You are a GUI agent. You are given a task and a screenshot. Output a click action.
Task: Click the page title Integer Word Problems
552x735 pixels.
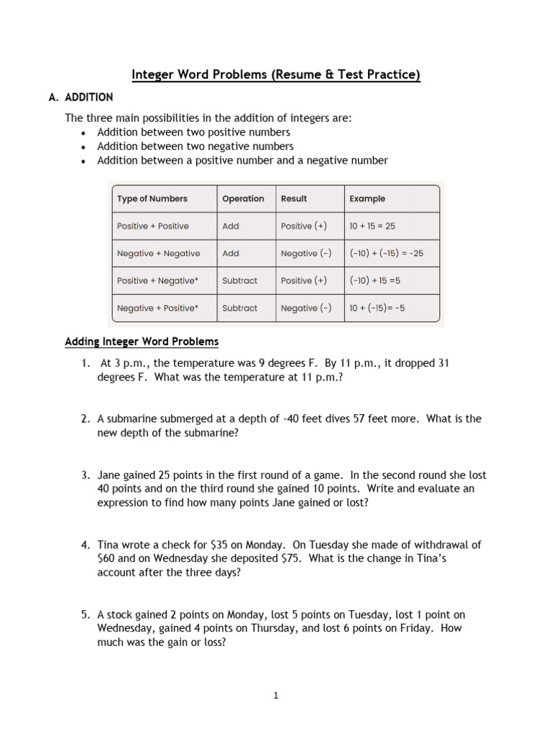coord(275,75)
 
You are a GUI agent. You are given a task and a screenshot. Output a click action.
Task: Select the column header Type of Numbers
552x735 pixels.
coord(152,199)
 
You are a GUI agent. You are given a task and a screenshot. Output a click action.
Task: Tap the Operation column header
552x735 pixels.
coord(243,199)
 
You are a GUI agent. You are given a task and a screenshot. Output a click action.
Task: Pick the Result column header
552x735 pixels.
coord(293,199)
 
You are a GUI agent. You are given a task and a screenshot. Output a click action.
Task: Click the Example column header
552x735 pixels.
coord(367,199)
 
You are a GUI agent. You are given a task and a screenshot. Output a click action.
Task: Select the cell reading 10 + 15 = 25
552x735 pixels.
coord(372,226)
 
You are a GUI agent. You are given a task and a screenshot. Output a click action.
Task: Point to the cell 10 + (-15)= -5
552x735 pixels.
coord(377,308)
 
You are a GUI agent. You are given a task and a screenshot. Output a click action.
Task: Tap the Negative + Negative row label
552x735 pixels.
coord(158,253)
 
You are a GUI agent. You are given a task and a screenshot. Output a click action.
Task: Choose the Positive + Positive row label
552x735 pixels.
coord(152,226)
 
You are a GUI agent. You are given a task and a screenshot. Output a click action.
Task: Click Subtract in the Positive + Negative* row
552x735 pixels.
coord(239,281)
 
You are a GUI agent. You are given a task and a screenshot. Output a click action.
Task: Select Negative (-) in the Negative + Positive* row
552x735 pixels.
coord(306,308)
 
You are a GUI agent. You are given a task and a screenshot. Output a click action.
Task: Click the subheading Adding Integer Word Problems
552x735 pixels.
coord(142,342)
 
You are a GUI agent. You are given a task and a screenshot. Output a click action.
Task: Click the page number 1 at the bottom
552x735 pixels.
coord(276,696)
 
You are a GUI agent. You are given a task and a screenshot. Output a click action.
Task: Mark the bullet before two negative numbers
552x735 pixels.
coord(84,147)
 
